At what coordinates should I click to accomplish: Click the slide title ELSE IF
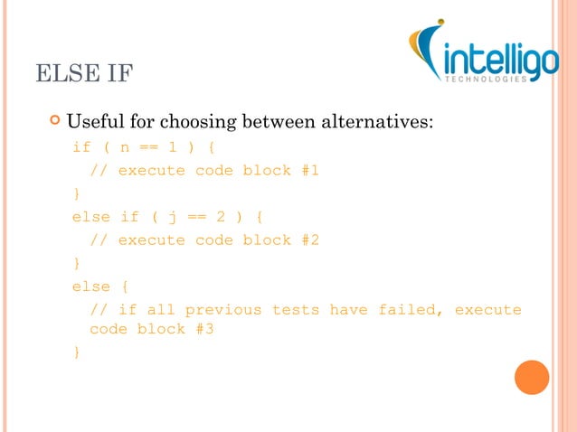(x=84, y=73)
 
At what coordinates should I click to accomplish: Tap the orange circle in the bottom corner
(x=532, y=377)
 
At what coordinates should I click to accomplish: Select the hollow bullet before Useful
(x=56, y=119)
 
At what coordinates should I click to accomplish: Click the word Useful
(x=100, y=120)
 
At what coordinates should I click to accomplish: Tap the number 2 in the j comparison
(x=220, y=217)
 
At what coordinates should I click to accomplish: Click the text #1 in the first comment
(x=310, y=170)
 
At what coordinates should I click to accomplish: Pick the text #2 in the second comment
(x=310, y=240)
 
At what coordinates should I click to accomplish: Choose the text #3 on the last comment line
(x=204, y=329)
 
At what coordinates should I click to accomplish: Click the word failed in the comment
(x=406, y=310)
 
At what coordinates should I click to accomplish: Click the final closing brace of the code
(x=76, y=352)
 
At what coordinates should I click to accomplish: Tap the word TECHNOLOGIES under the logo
(x=484, y=80)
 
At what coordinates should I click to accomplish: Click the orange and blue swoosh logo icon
(x=424, y=52)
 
